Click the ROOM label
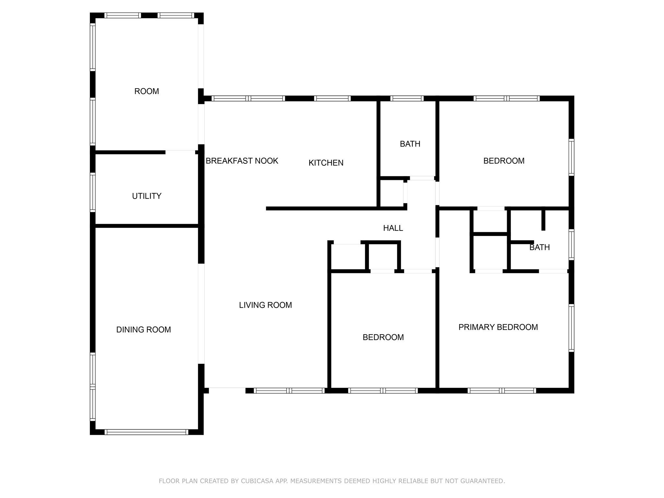(147, 91)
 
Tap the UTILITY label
(147, 196)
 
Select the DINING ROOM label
(143, 330)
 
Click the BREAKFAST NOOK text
(242, 161)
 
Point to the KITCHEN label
(326, 163)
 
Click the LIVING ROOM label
(265, 305)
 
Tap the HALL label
(393, 228)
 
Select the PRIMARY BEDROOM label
(498, 327)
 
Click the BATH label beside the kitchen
(410, 144)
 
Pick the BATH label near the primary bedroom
(539, 247)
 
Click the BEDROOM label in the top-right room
(504, 161)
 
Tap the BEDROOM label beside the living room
(383, 337)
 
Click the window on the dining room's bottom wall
(146, 432)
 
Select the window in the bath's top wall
(407, 98)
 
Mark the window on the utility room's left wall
(93, 193)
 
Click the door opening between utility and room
(180, 152)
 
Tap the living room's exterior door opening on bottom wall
(227, 390)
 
